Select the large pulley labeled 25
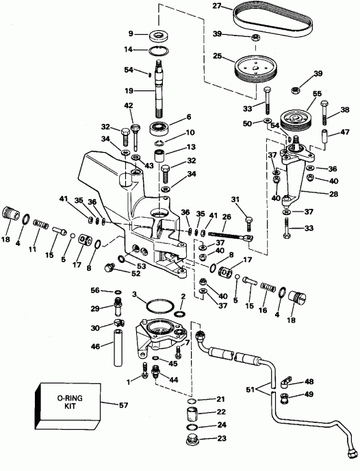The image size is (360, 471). point(255,68)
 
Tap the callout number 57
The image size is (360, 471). point(124,405)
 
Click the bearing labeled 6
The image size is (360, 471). point(159,128)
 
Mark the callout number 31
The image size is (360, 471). point(235,199)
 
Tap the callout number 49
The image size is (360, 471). point(310,395)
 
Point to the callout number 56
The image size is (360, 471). point(95,290)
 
